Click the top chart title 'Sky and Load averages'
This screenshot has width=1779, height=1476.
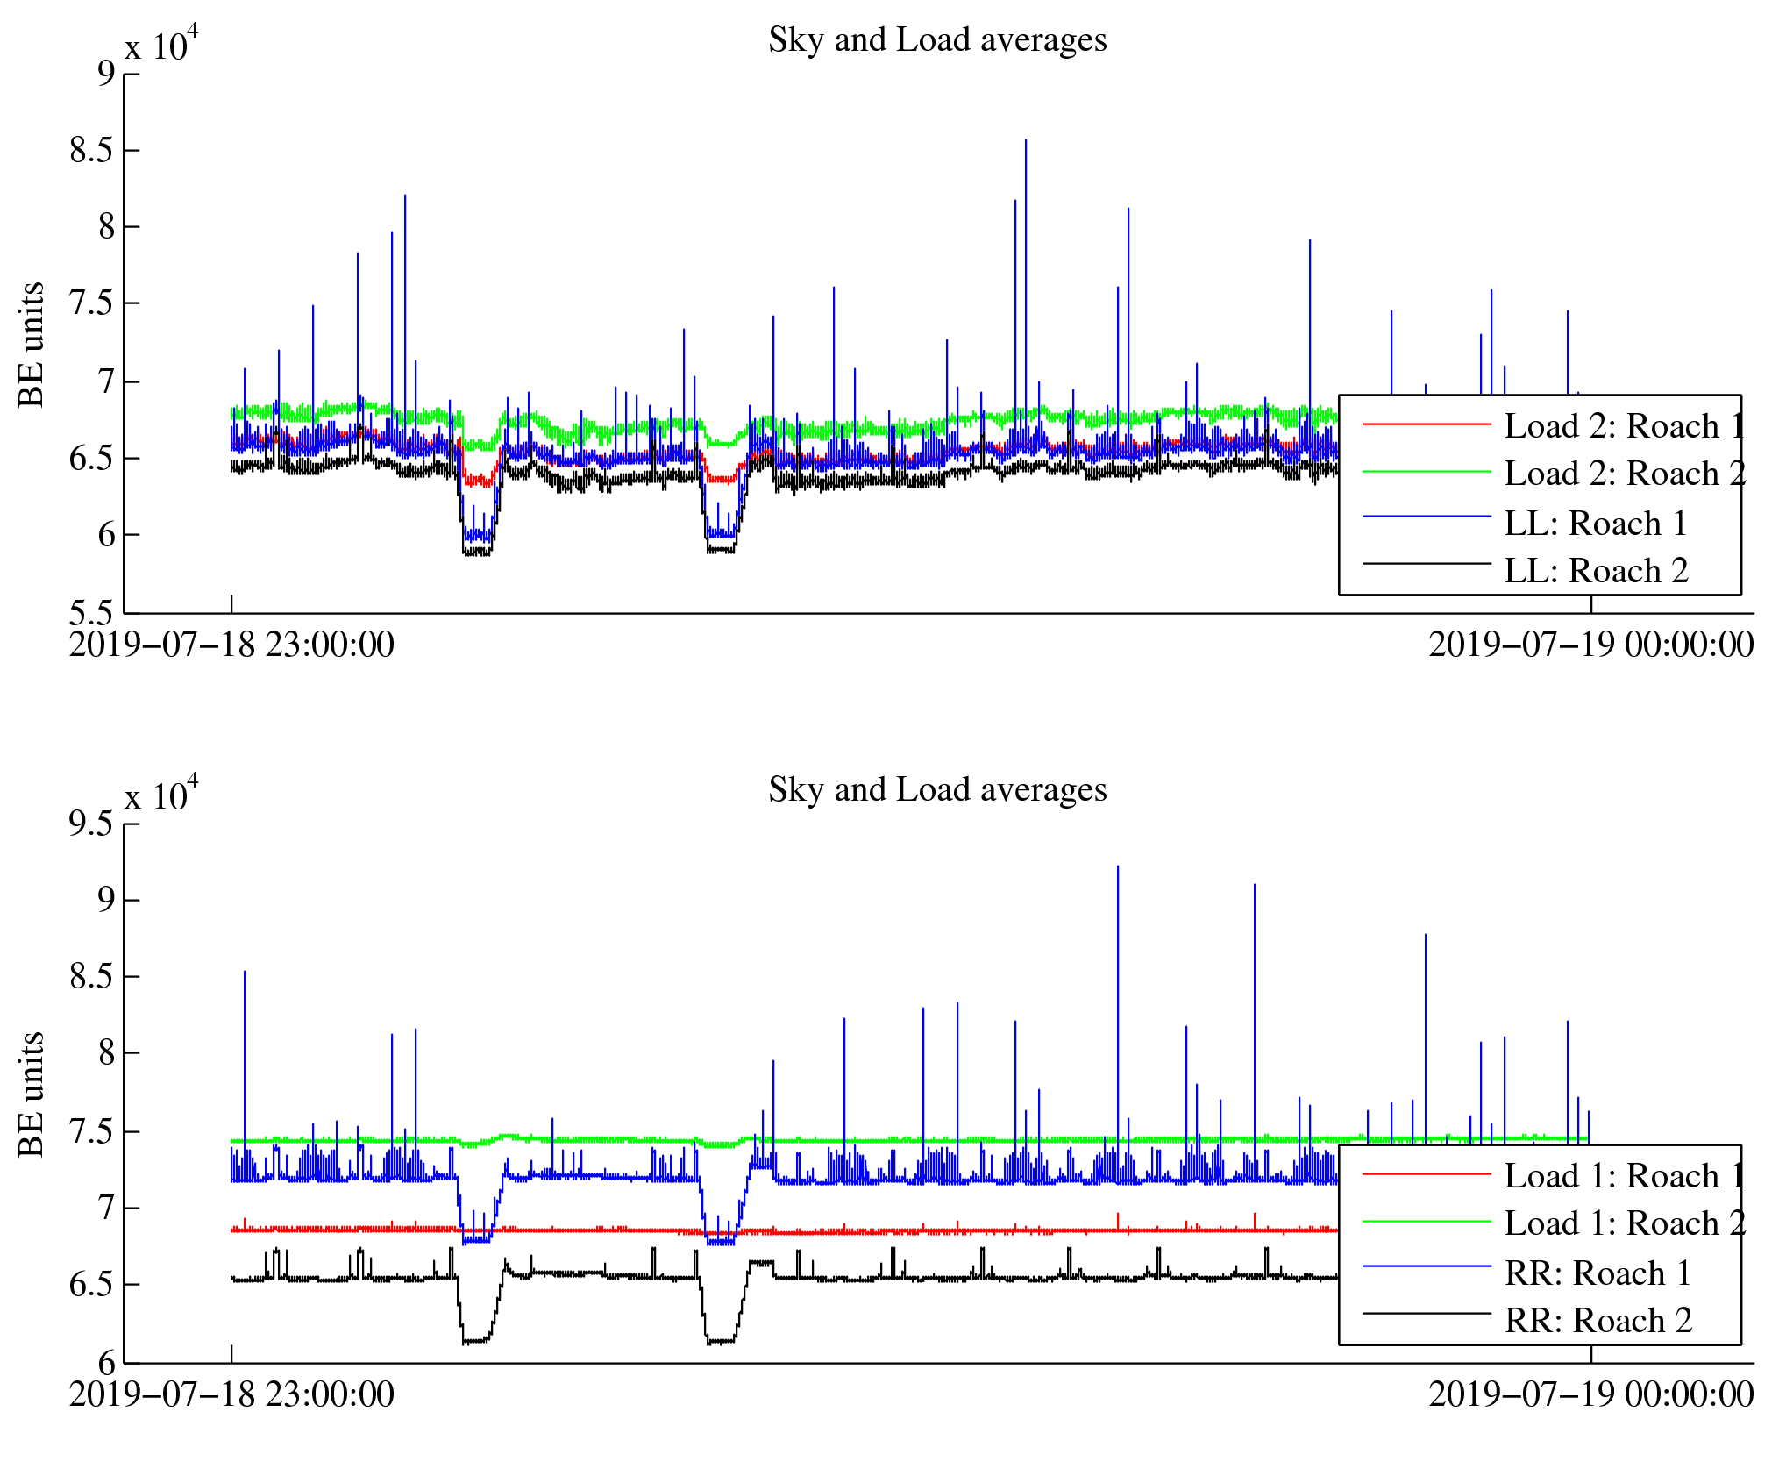coord(936,40)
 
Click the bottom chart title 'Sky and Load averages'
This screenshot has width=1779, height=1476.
coord(936,790)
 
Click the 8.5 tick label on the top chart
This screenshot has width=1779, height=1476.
coord(92,151)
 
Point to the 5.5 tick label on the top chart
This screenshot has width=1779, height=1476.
coord(92,612)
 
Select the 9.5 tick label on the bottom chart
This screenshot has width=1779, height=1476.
coord(92,824)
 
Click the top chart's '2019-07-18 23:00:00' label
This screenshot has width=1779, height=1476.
coord(231,645)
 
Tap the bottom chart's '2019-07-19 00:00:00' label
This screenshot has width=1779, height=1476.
coord(1590,1395)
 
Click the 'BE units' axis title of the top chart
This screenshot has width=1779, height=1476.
coord(32,344)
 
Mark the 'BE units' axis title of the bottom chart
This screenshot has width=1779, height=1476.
coord(32,1094)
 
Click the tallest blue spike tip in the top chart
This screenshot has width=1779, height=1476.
coord(1025,140)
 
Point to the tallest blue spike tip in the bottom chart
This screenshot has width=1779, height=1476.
coord(1117,866)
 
